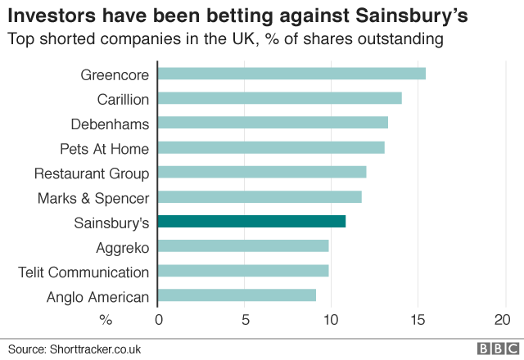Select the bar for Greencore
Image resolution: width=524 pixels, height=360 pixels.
tap(291, 74)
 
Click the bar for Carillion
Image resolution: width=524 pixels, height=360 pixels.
tap(279, 98)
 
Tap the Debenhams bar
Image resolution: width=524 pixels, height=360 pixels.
tap(272, 123)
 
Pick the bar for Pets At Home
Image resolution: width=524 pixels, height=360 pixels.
tap(270, 147)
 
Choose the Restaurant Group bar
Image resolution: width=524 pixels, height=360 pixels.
tap(261, 172)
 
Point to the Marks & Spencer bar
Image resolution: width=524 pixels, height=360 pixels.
tap(259, 197)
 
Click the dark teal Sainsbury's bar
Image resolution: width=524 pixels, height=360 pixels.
tap(251, 221)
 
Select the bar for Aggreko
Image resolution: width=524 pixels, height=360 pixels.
tap(242, 245)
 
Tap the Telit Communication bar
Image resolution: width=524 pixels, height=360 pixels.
tap(242, 271)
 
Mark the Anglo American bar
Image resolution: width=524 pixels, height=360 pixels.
tap(237, 295)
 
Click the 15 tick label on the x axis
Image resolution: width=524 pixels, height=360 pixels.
tap(417, 319)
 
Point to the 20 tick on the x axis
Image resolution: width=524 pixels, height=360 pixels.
tap(503, 319)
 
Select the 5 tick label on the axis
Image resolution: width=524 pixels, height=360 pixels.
tap(245, 319)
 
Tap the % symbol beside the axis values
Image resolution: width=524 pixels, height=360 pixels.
tap(105, 319)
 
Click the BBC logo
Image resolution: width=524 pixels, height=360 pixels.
tap(496, 348)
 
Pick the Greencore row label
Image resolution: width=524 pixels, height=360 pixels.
tap(115, 74)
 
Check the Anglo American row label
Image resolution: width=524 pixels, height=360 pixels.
tap(99, 296)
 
